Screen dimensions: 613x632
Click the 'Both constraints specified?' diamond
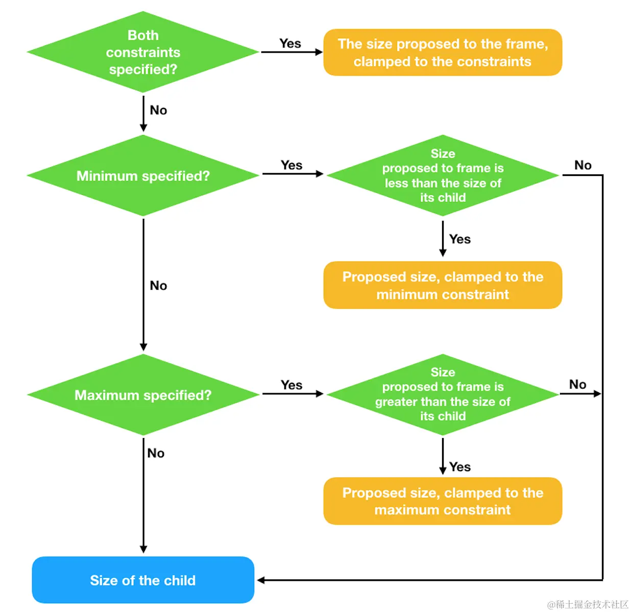143,52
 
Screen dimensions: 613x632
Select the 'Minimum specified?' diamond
143,176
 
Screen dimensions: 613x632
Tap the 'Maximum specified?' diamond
143,395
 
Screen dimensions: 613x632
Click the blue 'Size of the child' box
143,580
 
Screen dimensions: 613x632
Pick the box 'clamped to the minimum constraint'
443,286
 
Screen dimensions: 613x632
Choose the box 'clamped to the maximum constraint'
443,501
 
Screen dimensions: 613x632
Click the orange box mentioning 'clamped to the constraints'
443,53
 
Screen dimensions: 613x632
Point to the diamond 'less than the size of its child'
443,176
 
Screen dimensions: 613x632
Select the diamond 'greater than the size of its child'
443,394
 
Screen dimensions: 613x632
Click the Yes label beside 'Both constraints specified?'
290,43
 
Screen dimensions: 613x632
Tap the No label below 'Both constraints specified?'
158,110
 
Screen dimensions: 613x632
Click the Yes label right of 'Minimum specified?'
291,165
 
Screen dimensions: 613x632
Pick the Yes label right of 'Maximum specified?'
291,385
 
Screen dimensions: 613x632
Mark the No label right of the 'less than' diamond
582,165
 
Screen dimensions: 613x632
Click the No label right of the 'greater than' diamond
577,385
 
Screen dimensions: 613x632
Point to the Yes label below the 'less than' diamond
460,239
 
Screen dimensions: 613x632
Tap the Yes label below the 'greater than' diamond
460,467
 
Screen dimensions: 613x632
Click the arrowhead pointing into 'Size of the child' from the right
261,580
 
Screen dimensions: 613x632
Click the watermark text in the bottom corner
588,604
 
